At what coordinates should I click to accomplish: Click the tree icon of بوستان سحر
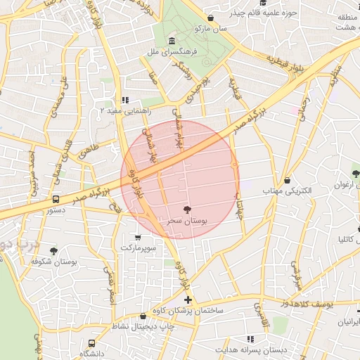point(186,209)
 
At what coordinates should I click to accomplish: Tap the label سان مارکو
point(213,30)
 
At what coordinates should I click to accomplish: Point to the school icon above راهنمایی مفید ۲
point(125,100)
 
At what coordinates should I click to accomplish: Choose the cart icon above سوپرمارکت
point(137,237)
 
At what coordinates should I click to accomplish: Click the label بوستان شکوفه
point(53,261)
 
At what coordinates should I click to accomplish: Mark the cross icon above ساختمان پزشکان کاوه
point(187,300)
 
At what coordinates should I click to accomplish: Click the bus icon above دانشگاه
point(91,343)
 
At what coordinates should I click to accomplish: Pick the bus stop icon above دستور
point(56,199)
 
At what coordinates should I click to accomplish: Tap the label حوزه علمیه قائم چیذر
point(259,13)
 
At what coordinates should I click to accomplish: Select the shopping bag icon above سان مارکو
point(210,18)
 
